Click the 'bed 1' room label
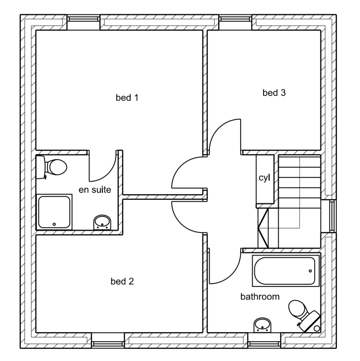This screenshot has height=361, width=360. point(127,98)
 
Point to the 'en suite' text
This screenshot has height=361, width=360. point(94,190)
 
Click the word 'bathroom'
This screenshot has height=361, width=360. point(260,296)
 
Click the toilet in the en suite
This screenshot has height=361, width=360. point(53,166)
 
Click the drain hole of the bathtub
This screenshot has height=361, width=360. point(310,271)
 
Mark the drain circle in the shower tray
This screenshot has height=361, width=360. point(54,224)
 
